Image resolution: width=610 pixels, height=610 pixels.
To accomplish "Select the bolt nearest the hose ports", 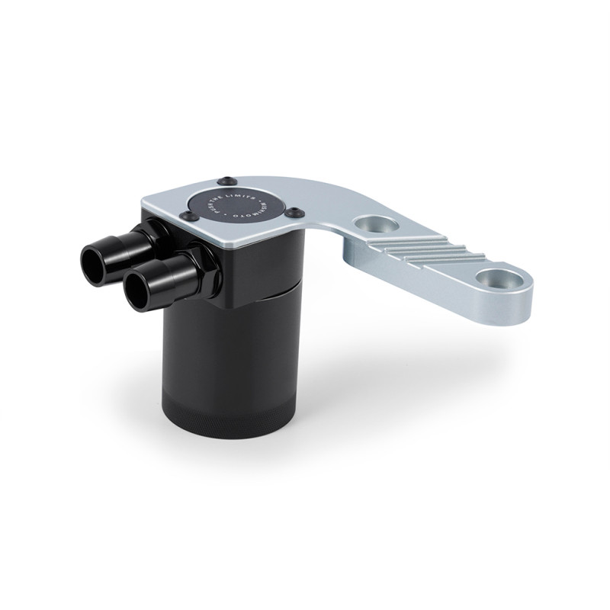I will click(185, 219).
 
